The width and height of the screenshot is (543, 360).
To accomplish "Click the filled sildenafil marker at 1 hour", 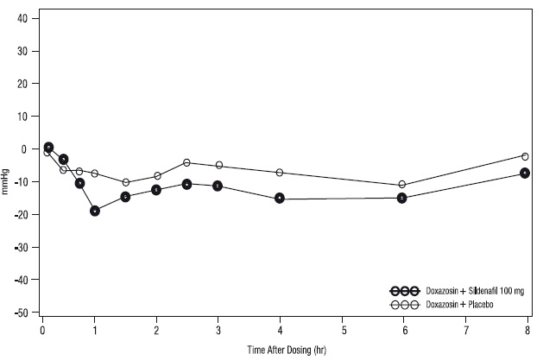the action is (95, 211).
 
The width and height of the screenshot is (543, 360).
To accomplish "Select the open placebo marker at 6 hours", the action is (401, 184).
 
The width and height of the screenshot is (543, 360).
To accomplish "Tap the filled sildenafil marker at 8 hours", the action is (525, 173).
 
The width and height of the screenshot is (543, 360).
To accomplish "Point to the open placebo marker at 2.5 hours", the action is (186, 162).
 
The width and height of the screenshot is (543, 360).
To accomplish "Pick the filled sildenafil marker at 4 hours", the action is (280, 199).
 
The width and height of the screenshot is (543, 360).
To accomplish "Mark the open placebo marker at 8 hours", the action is (525, 156).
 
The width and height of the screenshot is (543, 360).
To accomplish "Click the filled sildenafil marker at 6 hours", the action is (401, 199).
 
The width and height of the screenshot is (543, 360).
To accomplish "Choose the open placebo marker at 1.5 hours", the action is (126, 182).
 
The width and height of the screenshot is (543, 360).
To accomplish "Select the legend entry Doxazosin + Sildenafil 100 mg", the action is (458, 291).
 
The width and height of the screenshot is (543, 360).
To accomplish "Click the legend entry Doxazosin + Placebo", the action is (441, 305).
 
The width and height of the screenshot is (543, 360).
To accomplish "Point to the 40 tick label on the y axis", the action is (22, 18).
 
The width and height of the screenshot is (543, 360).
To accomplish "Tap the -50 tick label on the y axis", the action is (21, 313).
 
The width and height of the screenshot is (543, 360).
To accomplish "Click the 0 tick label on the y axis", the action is (24, 149).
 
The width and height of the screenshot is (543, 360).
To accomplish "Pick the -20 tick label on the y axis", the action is (21, 215).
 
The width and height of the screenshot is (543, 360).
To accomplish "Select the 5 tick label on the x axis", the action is (344, 331).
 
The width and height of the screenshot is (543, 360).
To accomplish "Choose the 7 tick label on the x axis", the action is (466, 331).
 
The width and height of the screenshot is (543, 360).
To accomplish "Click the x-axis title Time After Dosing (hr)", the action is (287, 350).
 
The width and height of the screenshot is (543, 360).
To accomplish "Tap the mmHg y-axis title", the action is (5, 181).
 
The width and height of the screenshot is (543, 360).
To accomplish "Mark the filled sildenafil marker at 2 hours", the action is (156, 190).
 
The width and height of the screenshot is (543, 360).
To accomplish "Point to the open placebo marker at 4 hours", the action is (280, 173).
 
